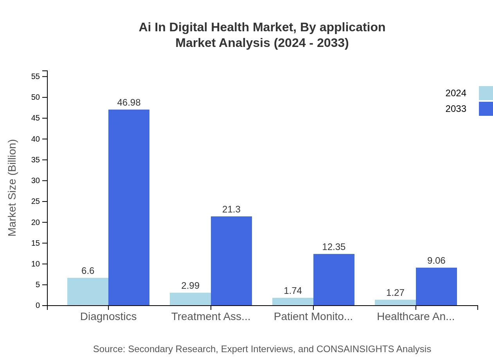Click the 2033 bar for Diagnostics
point(129,207)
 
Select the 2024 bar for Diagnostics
point(88,292)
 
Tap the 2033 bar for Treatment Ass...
point(231,261)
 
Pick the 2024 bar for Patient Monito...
point(293,301)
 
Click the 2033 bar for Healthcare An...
point(436,286)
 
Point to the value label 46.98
point(129,103)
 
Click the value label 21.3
point(231,209)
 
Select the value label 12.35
point(334,247)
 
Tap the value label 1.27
point(395,293)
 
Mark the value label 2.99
point(190,286)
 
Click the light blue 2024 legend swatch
point(486,93)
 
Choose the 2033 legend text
point(456,109)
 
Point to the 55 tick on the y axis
point(36,76)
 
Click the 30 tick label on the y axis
point(36,181)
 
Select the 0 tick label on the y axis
point(38,306)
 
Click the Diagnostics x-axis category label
point(108,317)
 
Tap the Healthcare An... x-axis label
point(416,317)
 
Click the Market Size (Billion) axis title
point(13,188)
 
